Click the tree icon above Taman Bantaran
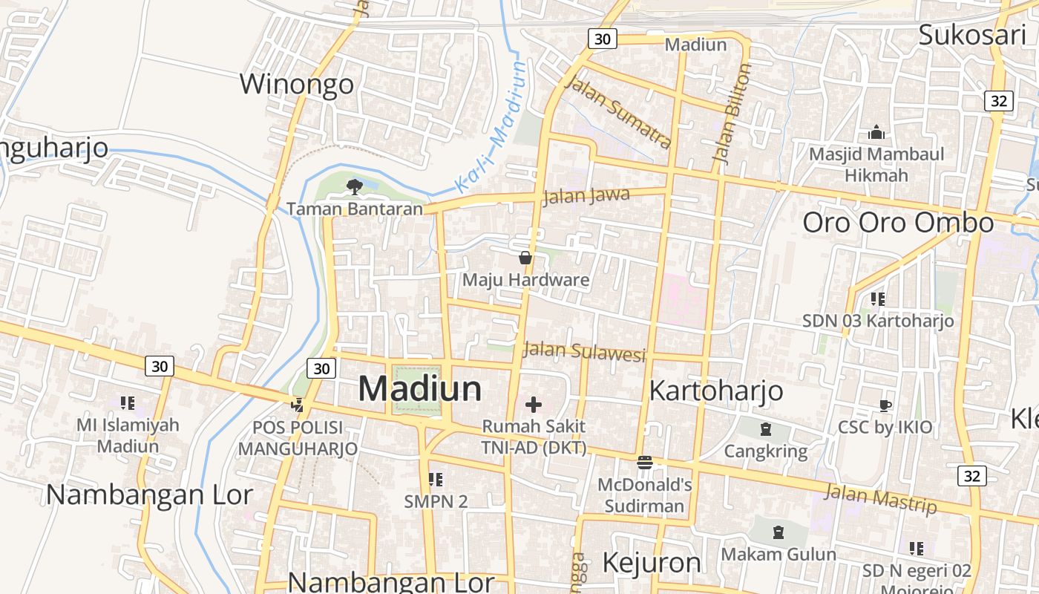(x=354, y=186)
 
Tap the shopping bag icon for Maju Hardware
(x=525, y=258)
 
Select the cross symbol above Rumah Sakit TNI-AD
(x=534, y=405)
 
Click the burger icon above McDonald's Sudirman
(x=644, y=462)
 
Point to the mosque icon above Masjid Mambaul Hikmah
(x=876, y=133)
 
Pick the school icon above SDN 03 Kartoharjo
(x=878, y=299)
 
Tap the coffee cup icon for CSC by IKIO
(x=885, y=405)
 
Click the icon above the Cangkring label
(x=765, y=429)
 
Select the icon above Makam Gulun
(x=778, y=532)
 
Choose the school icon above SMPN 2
(x=436, y=480)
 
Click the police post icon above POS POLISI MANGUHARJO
(x=298, y=405)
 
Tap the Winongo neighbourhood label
(x=297, y=84)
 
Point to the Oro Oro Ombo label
(x=898, y=223)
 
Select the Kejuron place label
(x=652, y=563)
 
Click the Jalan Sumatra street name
(x=618, y=111)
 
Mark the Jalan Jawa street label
(x=586, y=197)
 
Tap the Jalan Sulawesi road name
(x=585, y=351)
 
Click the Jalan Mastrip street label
(x=881, y=498)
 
